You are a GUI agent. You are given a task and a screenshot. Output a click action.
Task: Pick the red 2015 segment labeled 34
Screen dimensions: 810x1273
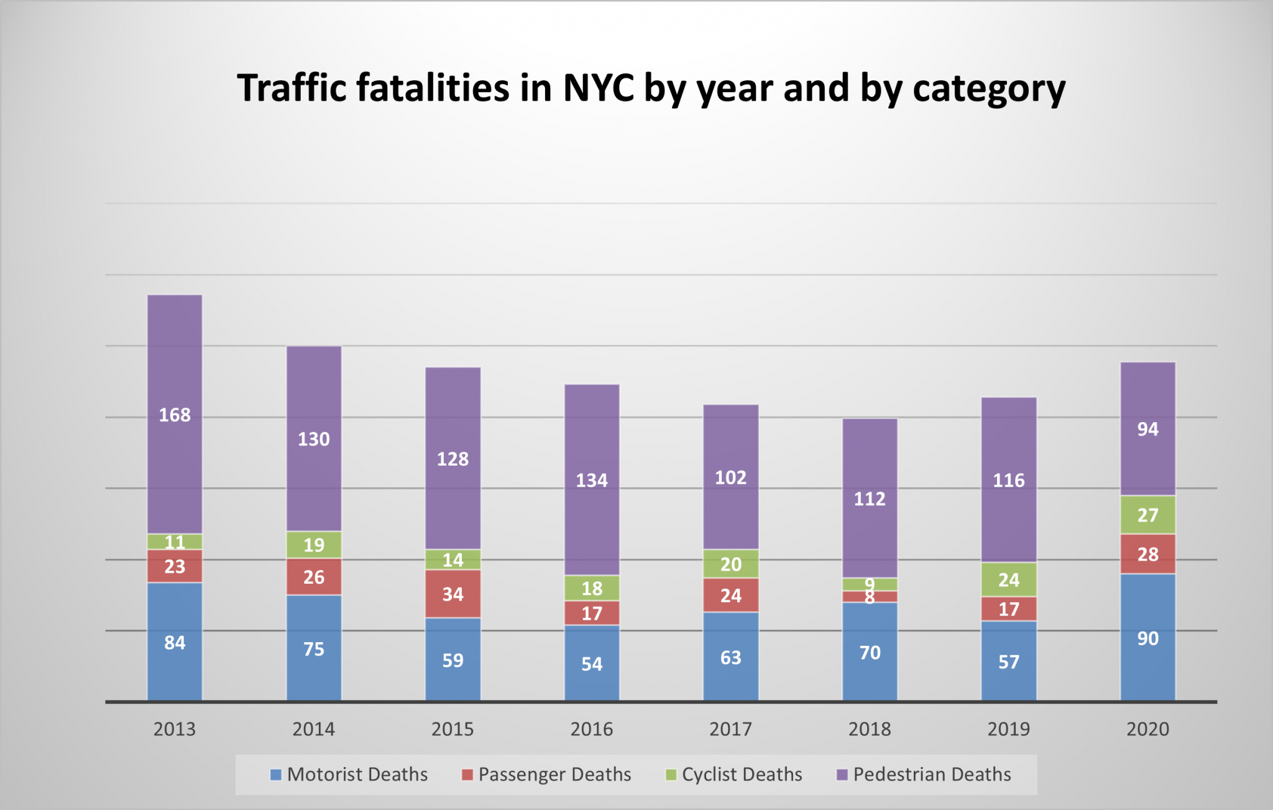point(453,594)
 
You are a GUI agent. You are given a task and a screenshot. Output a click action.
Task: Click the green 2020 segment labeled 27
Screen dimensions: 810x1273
point(1147,515)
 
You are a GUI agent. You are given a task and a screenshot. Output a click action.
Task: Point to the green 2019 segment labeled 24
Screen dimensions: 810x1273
point(1008,579)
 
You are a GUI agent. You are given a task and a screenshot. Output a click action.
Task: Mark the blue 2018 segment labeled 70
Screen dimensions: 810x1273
point(870,652)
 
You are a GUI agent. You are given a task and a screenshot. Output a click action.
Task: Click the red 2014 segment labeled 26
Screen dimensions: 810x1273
point(314,577)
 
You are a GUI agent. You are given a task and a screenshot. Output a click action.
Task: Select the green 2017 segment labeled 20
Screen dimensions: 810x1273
point(731,564)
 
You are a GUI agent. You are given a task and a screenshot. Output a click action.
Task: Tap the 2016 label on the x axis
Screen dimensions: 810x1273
point(592,729)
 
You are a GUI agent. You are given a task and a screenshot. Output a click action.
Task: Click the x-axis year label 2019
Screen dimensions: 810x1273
point(1008,729)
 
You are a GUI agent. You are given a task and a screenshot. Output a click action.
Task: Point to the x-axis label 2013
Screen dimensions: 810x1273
point(175,729)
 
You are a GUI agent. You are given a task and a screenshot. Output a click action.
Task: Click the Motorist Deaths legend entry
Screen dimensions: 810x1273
point(357,775)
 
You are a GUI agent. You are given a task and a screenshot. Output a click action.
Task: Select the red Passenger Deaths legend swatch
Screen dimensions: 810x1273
point(467,775)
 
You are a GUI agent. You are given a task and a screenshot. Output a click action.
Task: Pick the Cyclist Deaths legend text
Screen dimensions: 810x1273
point(742,775)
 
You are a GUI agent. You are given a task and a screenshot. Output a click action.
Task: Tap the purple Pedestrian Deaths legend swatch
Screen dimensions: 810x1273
point(842,775)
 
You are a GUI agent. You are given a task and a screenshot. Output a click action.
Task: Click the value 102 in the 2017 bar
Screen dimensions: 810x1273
point(731,477)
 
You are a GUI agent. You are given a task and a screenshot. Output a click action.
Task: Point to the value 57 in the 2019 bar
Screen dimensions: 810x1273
point(1008,661)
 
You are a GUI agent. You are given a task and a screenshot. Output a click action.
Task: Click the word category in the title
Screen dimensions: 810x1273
point(988,89)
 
